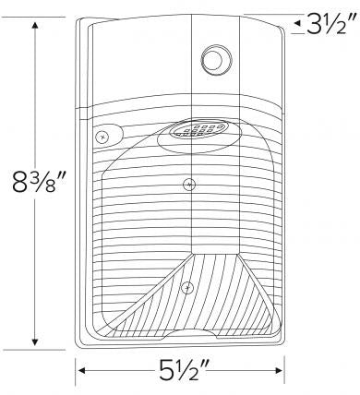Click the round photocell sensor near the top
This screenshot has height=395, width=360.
(216, 60)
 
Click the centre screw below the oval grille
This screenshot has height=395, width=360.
(188, 184)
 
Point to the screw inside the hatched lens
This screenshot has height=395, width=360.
(188, 287)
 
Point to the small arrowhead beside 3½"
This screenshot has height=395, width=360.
(297, 22)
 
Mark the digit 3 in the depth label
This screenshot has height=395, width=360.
(317, 22)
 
